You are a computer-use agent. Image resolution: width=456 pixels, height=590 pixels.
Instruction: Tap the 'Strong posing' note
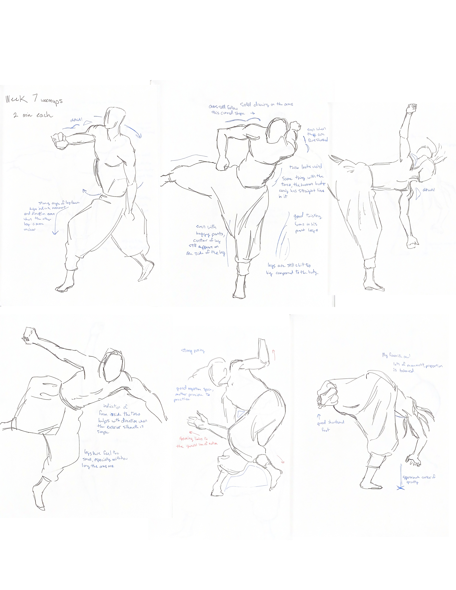tap(193, 351)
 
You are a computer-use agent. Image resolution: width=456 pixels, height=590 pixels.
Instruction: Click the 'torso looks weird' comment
tap(305, 167)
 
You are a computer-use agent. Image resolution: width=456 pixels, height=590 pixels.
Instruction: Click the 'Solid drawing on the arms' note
tap(266, 104)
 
